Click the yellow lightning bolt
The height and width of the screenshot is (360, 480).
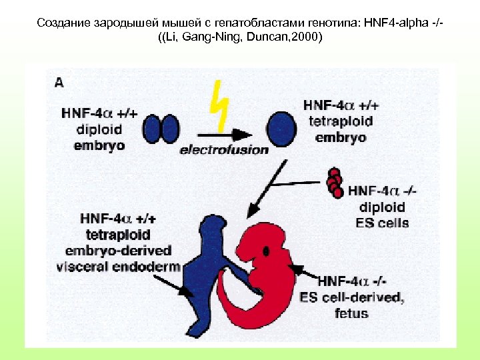pos(220,107)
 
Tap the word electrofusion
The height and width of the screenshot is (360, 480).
pos(223,150)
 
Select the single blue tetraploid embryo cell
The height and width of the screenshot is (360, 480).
pos(283,126)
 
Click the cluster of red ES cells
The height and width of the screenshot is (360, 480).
pos(335,182)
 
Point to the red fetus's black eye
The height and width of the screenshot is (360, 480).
pos(267,251)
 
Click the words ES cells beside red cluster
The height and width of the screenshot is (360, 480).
pos(383,223)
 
